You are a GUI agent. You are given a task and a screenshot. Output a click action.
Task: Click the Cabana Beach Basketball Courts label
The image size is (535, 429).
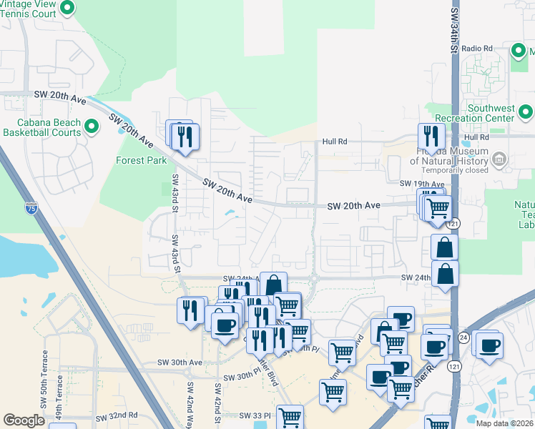coord(41,127)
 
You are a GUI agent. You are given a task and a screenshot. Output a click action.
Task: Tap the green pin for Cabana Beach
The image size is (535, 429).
coord(92,127)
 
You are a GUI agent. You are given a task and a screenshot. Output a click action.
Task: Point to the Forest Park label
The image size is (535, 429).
coord(142,160)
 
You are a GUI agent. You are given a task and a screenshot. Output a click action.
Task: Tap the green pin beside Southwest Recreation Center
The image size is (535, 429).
coord(526,112)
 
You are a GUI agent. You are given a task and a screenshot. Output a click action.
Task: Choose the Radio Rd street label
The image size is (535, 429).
coord(477,48)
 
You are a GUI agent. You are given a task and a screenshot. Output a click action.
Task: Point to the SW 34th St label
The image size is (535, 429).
coord(454,29)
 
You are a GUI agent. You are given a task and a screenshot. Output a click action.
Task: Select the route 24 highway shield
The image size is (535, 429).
coord(463,336)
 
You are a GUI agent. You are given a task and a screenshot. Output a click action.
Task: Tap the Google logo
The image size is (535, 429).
coord(24,420)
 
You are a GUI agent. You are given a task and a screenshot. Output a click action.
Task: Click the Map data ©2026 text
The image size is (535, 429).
coord(504,423)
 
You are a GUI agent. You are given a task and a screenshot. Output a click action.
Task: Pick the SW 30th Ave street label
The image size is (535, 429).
coord(180,363)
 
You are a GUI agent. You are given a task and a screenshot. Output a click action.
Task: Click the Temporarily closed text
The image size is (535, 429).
coord(454,171)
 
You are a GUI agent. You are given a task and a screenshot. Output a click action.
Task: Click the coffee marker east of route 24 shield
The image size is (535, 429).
coord(490,345)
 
